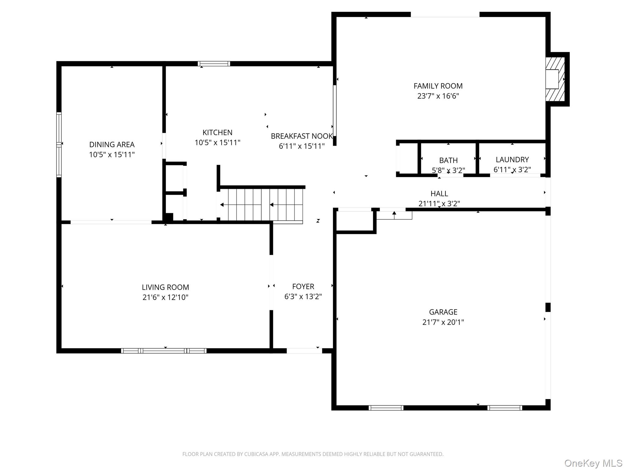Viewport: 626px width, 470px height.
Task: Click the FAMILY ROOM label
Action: [438, 86]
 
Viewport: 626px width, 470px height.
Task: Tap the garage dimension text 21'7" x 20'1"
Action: [443, 322]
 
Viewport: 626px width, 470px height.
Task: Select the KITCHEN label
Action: [217, 132]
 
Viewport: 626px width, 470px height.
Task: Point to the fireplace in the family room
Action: [554, 79]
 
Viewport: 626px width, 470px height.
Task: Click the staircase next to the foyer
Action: [261, 204]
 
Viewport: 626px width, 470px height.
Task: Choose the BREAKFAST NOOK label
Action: [301, 136]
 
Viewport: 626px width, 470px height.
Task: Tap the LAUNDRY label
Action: [512, 159]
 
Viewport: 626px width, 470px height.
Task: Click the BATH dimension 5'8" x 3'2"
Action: [448, 170]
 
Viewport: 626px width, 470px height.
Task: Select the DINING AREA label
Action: [112, 144]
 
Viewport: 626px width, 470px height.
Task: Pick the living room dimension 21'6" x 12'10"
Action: [165, 297]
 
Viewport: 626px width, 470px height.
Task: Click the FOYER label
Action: [303, 286]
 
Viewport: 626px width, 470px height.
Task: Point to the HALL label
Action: [439, 193]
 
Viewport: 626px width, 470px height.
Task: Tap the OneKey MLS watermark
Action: [593, 463]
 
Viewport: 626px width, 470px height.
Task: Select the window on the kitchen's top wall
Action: [214, 64]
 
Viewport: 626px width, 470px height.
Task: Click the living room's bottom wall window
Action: [164, 351]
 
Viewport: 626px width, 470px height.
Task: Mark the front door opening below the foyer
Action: [304, 351]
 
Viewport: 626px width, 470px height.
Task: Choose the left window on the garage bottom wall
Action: [386, 408]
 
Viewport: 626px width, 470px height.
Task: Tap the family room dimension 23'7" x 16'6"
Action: [438, 96]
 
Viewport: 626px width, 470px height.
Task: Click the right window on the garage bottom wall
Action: [505, 408]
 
